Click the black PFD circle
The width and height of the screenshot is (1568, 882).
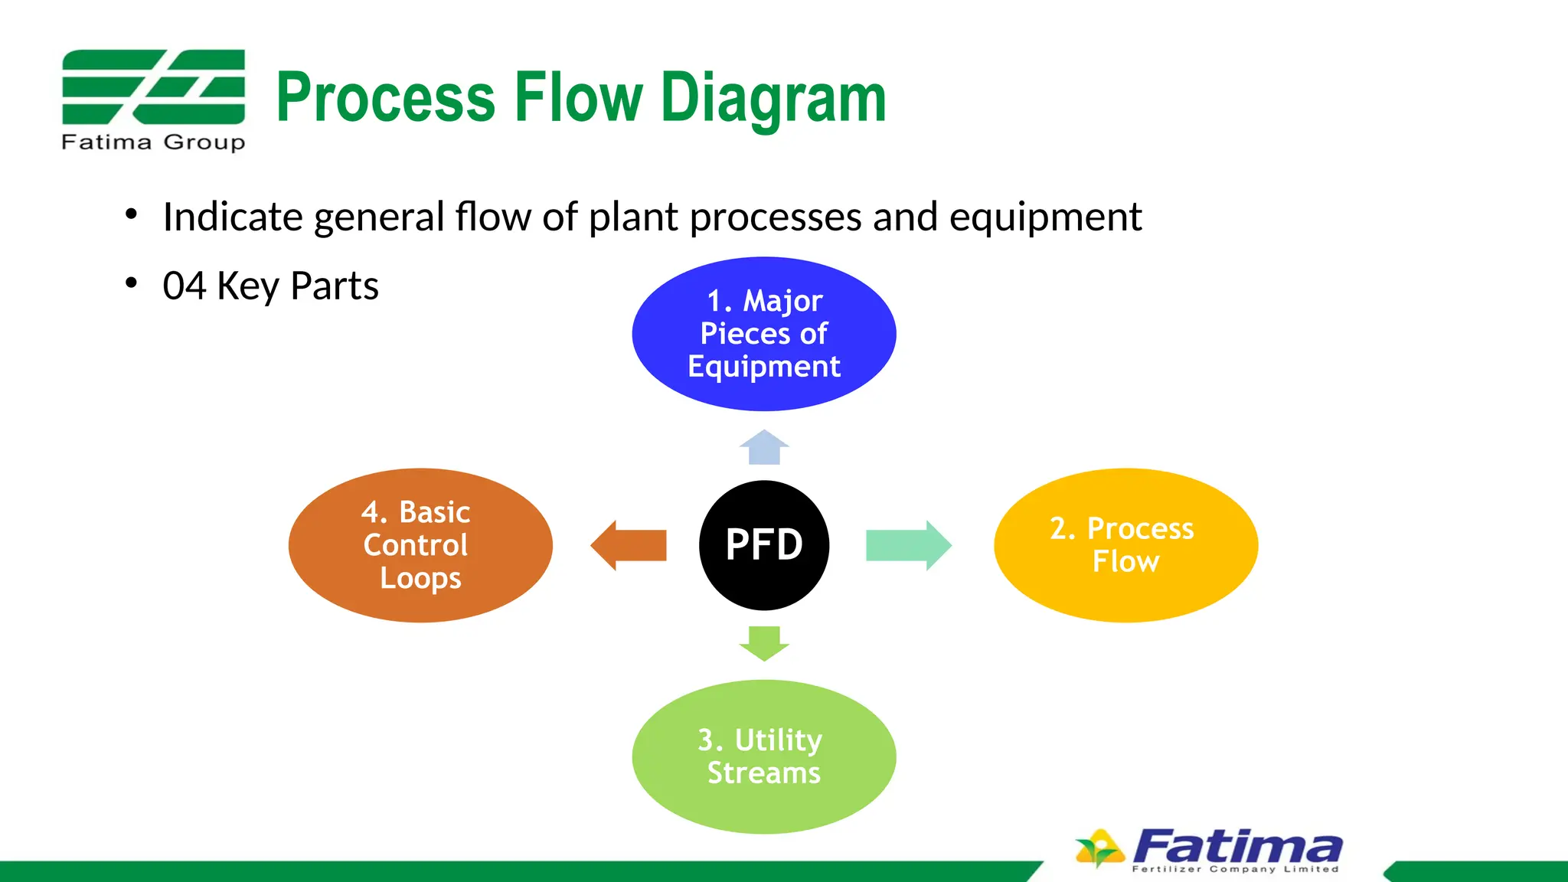click(763, 545)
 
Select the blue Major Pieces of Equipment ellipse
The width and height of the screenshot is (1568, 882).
click(763, 334)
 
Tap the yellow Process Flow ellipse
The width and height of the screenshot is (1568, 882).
click(1125, 545)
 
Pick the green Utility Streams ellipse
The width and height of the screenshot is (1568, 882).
click(763, 756)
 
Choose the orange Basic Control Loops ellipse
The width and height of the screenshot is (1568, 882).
click(420, 545)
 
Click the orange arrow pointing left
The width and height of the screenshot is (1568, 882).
click(629, 545)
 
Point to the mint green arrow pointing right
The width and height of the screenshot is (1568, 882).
click(908, 545)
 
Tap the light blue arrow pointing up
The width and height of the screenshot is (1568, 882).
click(764, 448)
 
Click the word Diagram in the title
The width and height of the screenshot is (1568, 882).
click(773, 97)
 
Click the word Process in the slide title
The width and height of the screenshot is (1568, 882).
click(385, 97)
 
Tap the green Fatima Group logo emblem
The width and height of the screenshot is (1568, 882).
click(153, 87)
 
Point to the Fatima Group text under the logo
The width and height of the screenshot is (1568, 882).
click(153, 142)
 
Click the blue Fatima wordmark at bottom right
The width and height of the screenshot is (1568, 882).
click(1236, 847)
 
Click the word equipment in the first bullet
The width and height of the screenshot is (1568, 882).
click(1045, 217)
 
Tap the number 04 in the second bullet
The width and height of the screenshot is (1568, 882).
click(185, 286)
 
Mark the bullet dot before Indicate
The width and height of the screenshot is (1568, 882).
click(132, 214)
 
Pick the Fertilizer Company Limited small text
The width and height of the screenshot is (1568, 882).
click(1235, 869)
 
